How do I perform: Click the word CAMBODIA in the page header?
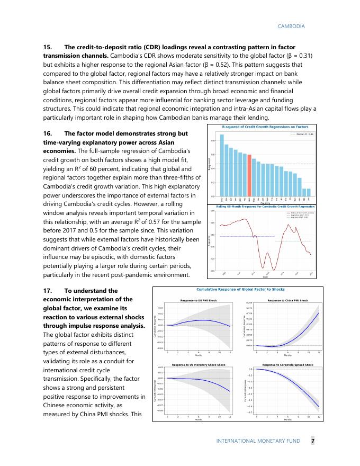tap(291, 25)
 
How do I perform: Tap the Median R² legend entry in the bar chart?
tap(303, 135)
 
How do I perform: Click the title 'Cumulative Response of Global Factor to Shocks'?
tap(241, 290)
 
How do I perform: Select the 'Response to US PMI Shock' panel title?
tap(199, 300)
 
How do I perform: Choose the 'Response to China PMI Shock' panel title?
tap(287, 300)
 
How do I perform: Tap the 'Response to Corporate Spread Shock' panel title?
tap(287, 364)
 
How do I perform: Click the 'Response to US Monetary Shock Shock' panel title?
tap(199, 364)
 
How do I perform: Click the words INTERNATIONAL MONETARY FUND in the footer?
tap(258, 441)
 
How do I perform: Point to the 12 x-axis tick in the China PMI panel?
tap(319, 352)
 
